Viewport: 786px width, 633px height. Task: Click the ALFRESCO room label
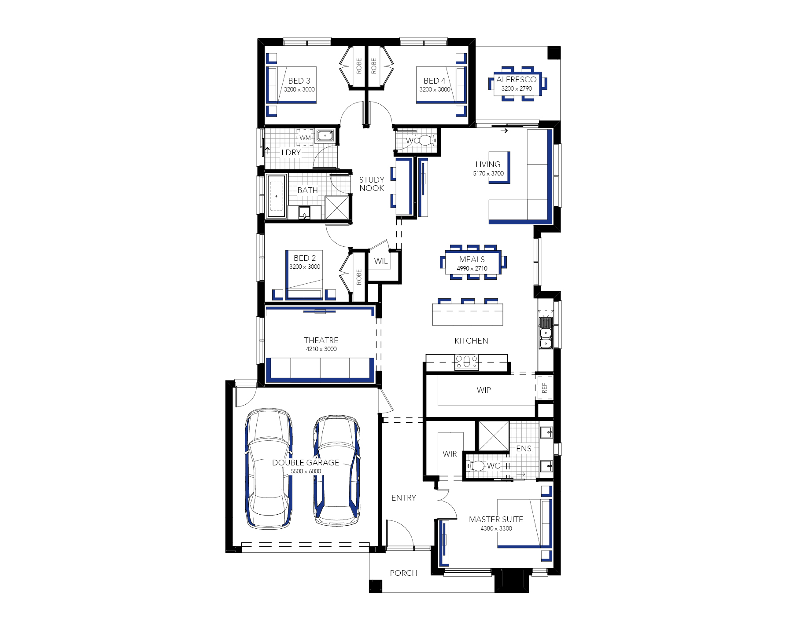tap(516, 80)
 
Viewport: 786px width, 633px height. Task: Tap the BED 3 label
tap(299, 81)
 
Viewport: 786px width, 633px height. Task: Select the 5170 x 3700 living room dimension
tap(488, 173)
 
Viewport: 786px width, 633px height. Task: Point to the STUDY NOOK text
tap(372, 184)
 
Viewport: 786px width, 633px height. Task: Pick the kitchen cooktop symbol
tap(466, 362)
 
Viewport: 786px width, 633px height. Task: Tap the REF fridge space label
tap(544, 388)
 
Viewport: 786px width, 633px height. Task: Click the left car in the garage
tap(269, 468)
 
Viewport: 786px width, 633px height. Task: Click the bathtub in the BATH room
tap(276, 196)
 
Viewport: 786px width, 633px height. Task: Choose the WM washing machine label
tap(305, 138)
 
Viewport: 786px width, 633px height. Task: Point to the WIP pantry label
tap(483, 390)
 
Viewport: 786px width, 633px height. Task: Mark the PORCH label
tap(403, 573)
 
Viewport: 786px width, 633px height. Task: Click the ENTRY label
tap(404, 498)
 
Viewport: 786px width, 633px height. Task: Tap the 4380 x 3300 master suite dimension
tap(496, 528)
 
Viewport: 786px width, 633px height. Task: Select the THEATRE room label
tap(321, 340)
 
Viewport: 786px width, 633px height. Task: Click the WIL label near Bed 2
tap(381, 261)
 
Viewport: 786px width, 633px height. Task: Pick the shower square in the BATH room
tap(337, 208)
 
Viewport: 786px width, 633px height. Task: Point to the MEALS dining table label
tap(472, 260)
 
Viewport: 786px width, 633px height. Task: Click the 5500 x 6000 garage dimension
tap(306, 471)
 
